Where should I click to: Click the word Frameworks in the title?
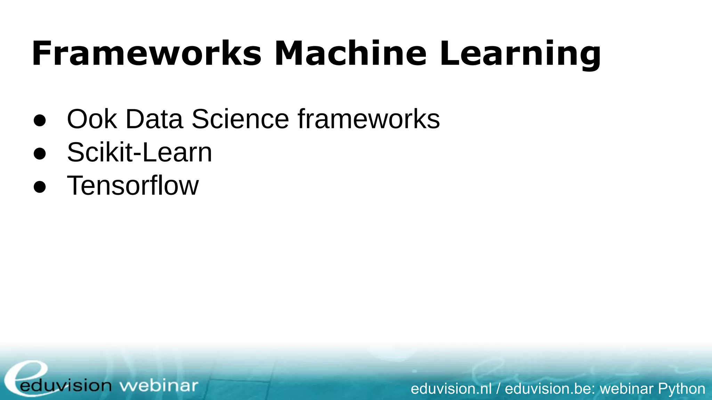[146, 54]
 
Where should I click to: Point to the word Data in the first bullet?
[154, 119]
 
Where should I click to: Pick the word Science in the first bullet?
[240, 119]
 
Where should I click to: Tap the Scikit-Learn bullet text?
[139, 152]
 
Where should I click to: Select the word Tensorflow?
[132, 185]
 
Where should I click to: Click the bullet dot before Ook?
[40, 120]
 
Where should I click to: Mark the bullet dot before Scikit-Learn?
[40, 153]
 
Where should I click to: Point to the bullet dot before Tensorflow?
[40, 187]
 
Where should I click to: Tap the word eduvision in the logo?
[66, 386]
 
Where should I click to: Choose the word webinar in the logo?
[159, 386]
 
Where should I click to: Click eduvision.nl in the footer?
[451, 389]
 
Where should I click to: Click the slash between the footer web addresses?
[498, 389]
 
